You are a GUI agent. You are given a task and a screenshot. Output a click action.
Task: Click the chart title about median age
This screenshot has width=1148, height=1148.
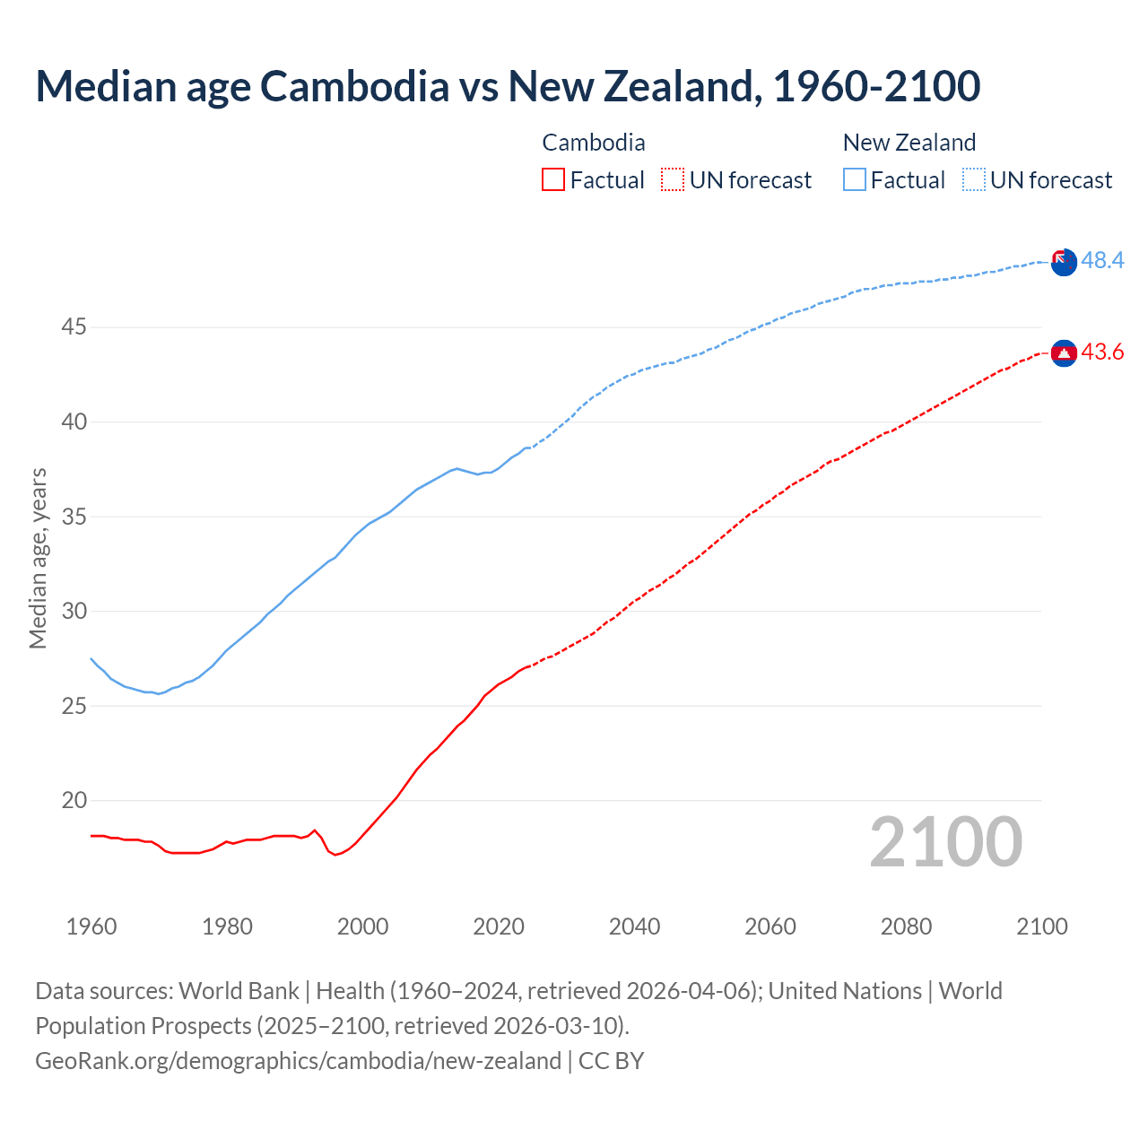click(x=508, y=86)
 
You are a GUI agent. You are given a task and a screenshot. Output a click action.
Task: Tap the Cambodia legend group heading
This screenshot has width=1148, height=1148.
click(x=593, y=143)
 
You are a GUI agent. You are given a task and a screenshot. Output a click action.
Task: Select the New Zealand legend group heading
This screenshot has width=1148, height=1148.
click(x=909, y=143)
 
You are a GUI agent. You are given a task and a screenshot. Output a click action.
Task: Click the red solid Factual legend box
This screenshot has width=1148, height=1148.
click(x=553, y=180)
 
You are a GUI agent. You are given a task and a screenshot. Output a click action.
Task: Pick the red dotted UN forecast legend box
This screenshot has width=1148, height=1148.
click(x=673, y=180)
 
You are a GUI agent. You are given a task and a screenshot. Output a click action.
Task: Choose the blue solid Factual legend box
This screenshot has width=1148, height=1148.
click(x=855, y=180)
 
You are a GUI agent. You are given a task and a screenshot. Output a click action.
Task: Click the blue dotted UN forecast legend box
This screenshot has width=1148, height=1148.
click(x=973, y=180)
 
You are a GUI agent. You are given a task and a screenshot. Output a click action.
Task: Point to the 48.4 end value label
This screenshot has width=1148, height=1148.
click(x=1102, y=261)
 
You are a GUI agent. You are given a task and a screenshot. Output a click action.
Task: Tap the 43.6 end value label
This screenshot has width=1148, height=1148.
click(x=1102, y=352)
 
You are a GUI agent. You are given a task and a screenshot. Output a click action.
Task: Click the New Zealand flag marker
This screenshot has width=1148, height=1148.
click(x=1064, y=263)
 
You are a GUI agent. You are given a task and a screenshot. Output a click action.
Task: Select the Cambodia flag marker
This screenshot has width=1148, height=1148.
click(x=1064, y=353)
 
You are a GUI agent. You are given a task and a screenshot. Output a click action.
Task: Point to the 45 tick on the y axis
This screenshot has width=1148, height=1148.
click(x=74, y=327)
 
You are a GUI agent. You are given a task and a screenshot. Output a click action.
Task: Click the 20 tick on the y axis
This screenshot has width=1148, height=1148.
click(x=74, y=801)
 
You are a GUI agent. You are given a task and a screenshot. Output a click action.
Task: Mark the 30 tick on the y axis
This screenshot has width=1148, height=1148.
click(x=74, y=612)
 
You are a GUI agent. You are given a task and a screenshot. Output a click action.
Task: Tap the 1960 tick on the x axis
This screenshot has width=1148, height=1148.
click(x=91, y=926)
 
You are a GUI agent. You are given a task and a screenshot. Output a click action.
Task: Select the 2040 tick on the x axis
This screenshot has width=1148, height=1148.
click(x=634, y=926)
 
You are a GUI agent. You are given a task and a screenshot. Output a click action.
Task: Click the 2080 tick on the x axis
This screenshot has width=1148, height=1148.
click(x=906, y=926)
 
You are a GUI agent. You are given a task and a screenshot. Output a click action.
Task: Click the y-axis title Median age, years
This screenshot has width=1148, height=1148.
click(x=38, y=558)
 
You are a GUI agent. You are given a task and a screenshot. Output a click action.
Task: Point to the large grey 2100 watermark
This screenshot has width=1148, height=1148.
click(x=946, y=842)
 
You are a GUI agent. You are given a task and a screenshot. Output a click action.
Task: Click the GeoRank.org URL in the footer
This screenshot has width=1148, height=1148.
click(x=298, y=1061)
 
